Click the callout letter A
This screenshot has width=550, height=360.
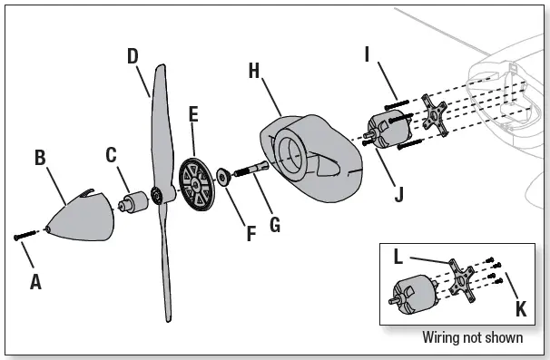(35, 282)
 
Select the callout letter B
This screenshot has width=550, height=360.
(40, 158)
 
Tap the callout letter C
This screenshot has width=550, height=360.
(111, 154)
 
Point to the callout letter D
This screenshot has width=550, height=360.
(133, 55)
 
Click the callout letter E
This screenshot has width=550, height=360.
(192, 115)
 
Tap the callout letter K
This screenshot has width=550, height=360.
(520, 309)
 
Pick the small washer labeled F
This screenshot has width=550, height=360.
(222, 176)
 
